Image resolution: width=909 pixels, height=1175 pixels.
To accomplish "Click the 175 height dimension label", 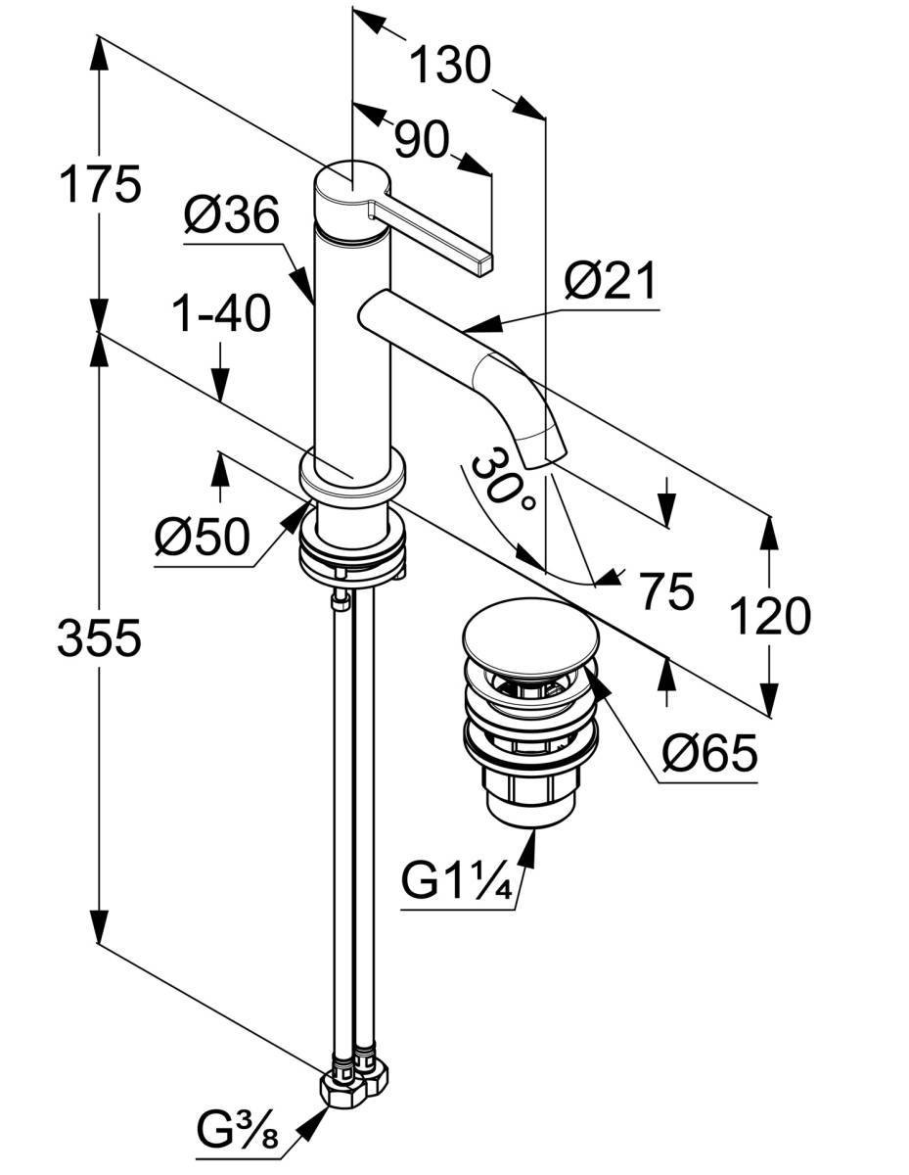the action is point(100,184).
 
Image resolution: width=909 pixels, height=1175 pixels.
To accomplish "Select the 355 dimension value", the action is point(99,637).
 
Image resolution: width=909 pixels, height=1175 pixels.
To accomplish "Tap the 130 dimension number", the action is point(450,65).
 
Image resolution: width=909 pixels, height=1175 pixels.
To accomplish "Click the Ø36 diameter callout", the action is point(231,214).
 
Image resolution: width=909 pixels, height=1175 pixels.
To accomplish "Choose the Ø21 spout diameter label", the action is point(610,281).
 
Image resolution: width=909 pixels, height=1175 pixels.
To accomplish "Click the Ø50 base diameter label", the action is point(202,537).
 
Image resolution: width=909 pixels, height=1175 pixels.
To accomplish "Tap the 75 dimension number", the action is point(666,591).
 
